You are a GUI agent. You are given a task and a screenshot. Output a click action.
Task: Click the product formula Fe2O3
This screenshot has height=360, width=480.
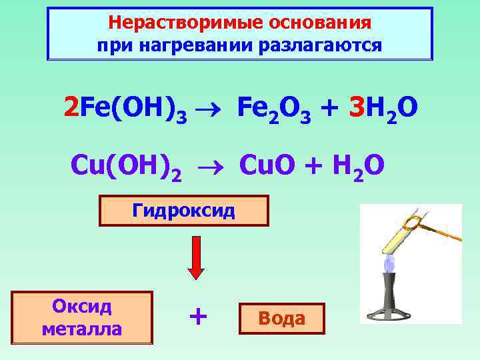(x=273, y=107)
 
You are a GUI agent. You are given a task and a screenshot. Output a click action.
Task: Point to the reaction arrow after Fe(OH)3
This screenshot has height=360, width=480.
(x=211, y=107)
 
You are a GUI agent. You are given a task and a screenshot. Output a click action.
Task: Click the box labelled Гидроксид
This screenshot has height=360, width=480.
(x=183, y=211)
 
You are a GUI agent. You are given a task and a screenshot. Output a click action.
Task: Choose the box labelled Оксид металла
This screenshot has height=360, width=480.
(x=82, y=317)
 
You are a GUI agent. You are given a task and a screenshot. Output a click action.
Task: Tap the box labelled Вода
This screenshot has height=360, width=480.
(x=283, y=319)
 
